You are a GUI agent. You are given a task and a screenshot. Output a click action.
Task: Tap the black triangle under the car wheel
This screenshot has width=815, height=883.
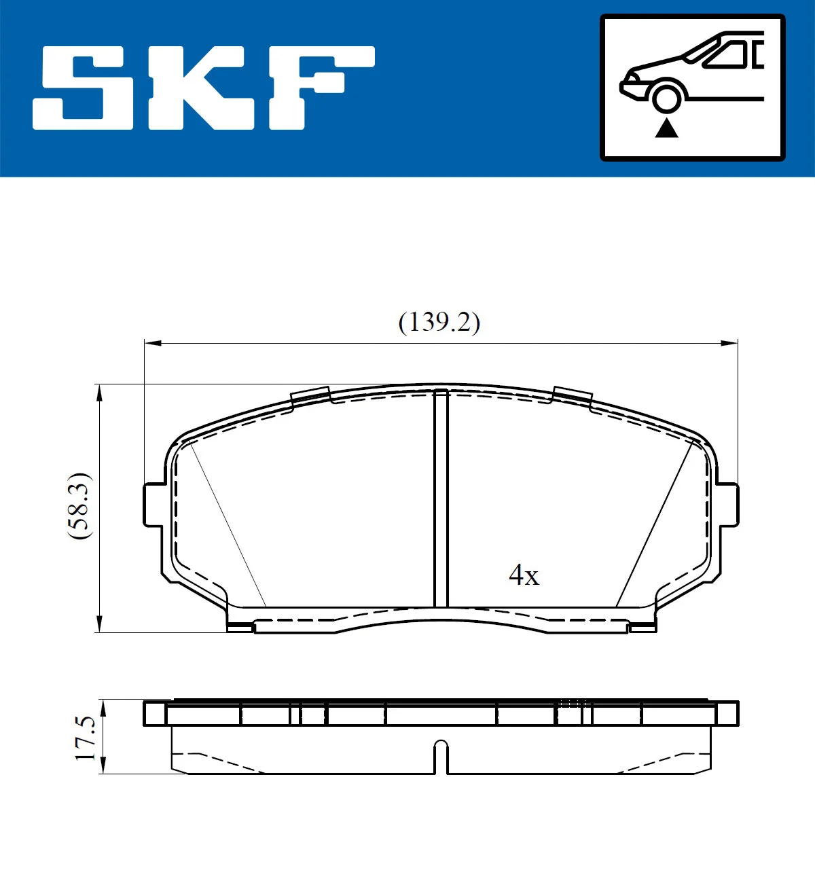(667, 128)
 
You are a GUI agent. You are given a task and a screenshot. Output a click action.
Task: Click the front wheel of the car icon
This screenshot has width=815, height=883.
(666, 96)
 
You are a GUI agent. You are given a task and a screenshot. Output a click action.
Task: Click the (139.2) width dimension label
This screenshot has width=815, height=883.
(439, 321)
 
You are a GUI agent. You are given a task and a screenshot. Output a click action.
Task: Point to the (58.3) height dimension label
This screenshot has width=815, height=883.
(79, 506)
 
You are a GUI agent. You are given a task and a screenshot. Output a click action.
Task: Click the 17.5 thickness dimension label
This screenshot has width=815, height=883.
(86, 738)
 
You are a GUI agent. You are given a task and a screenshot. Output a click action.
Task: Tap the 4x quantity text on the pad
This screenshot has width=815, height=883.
(524, 576)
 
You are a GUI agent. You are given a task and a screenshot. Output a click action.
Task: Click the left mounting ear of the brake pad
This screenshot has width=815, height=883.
(153, 504)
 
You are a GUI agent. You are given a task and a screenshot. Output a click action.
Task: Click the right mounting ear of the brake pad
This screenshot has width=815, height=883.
(728, 504)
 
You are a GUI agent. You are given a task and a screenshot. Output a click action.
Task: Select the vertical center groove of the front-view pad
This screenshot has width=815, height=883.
(441, 499)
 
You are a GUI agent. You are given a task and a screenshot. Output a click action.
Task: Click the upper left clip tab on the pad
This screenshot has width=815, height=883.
(310, 397)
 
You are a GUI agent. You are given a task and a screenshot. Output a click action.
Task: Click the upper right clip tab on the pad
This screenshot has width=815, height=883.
(572, 397)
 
